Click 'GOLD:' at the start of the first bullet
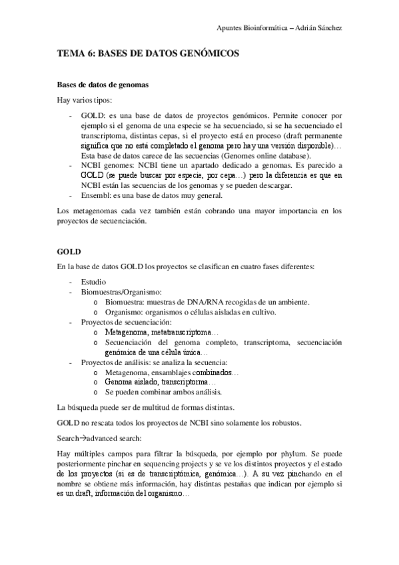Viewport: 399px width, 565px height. click(92, 115)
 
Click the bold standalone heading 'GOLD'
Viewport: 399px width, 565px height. click(69, 253)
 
